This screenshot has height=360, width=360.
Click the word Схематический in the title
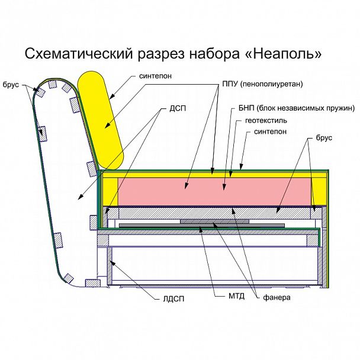point(76,54)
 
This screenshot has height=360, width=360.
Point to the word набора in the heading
point(213,54)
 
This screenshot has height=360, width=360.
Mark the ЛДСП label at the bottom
point(172,299)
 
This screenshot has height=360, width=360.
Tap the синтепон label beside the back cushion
point(156,76)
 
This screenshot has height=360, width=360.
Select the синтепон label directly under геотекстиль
point(270,131)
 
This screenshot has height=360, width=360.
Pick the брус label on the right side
point(324,138)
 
